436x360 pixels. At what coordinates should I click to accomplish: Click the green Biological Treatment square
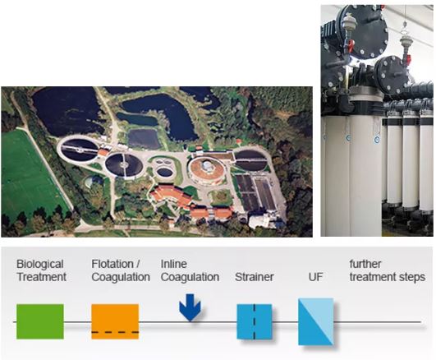point(40,321)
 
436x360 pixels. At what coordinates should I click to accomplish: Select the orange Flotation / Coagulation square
point(115,321)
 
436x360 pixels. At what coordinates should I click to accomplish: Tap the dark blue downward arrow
point(190,307)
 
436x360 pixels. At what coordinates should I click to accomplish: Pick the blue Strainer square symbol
point(255,321)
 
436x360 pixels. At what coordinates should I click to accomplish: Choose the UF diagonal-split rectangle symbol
point(315,321)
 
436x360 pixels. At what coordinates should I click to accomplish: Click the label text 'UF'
point(315,277)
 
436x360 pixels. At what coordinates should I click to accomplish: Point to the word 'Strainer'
point(255,277)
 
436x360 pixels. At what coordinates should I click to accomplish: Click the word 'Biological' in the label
point(40,264)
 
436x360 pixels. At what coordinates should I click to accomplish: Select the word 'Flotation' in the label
point(112,264)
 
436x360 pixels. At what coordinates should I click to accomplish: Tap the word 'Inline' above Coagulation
point(174,264)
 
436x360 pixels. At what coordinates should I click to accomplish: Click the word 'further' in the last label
point(365,264)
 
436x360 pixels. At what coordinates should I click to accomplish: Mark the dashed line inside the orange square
point(115,332)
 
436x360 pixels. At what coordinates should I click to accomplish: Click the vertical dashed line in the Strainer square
point(255,321)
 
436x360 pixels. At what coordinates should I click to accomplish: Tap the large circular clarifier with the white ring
point(79,149)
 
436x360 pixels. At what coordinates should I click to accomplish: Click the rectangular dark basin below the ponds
point(144,138)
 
